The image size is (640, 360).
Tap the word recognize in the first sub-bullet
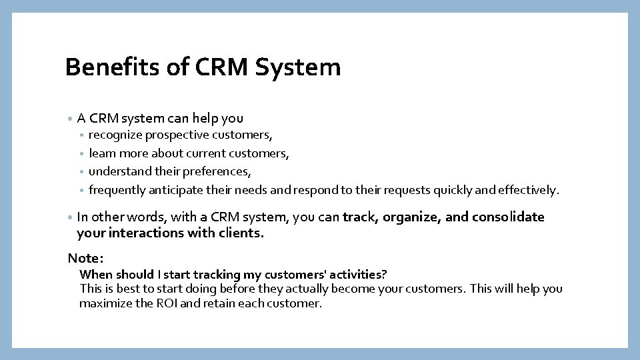click(x=115, y=135)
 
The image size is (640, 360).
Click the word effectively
click(x=525, y=190)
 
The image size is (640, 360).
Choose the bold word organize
click(x=413, y=217)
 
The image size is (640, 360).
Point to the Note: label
click(x=85, y=258)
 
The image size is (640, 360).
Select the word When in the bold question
click(x=96, y=275)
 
